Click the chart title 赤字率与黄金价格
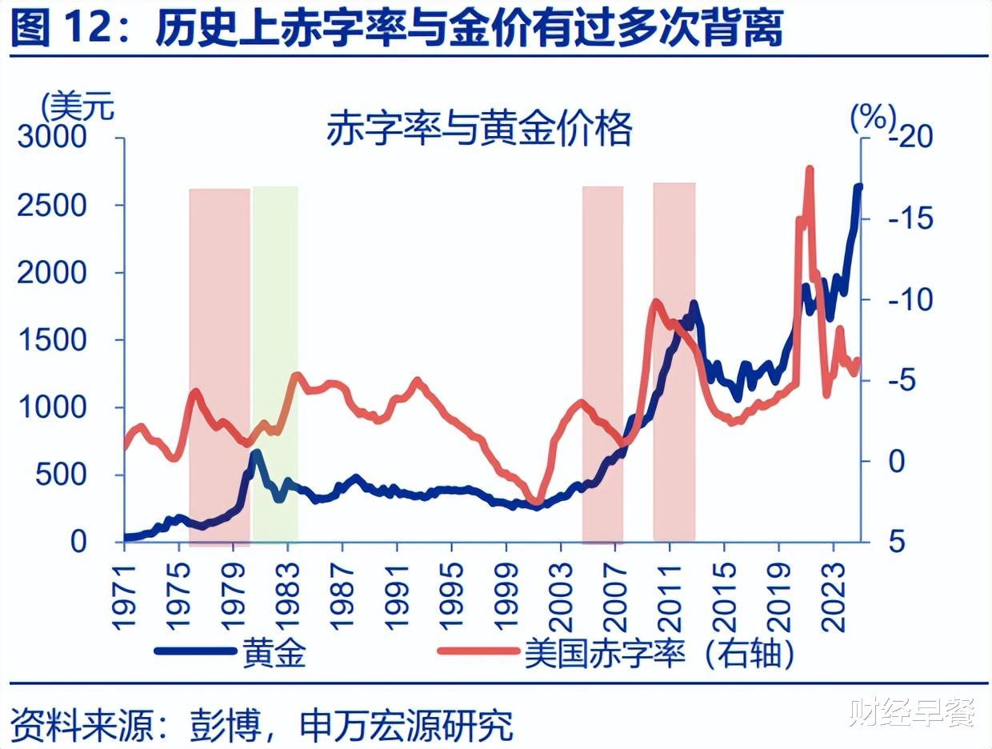(479, 128)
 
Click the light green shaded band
(275, 360)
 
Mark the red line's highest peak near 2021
(810, 170)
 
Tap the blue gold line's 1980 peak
(256, 454)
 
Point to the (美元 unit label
(78, 105)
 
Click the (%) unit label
(873, 118)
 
